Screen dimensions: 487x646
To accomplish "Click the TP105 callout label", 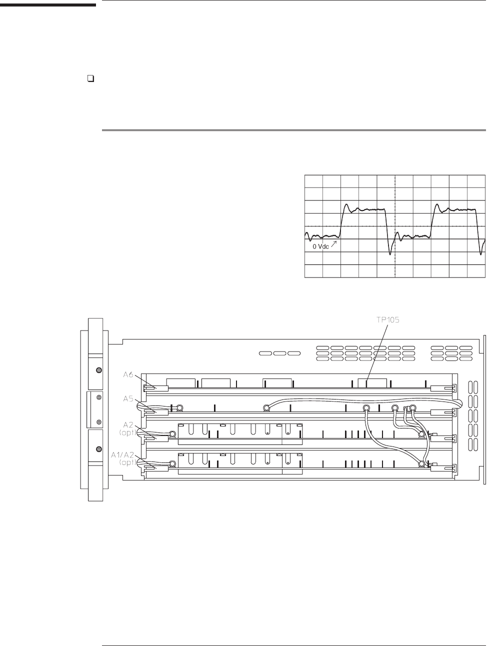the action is click(x=387, y=320).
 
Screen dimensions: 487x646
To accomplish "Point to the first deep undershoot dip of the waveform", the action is click(x=390, y=253).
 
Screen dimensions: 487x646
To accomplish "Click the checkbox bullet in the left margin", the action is click(x=90, y=79).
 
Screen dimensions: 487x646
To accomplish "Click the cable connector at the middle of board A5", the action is click(x=267, y=407).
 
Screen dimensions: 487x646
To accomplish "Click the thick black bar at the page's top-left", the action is click(x=47, y=5).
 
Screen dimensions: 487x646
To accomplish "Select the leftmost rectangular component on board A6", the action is click(x=180, y=383).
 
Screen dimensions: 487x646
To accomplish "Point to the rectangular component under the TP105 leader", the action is click(x=372, y=383).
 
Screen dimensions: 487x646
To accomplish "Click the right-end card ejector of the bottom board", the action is click(x=443, y=468).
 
